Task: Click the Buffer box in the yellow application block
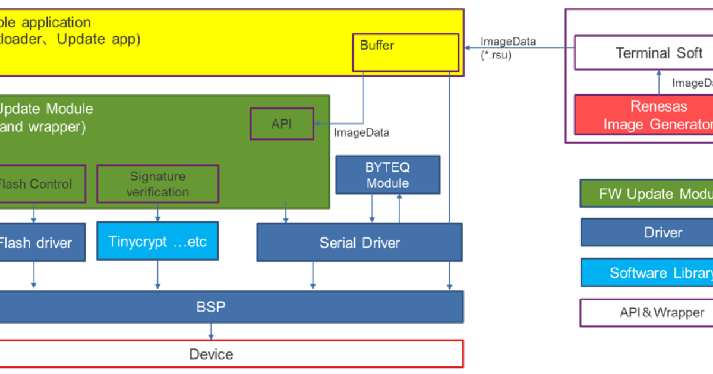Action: click(x=405, y=52)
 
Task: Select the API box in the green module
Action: click(x=282, y=123)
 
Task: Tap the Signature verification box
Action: click(x=157, y=184)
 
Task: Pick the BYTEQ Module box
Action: click(x=387, y=175)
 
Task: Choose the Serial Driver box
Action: click(x=359, y=242)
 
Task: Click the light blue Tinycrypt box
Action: click(x=157, y=242)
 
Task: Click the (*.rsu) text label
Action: click(x=496, y=56)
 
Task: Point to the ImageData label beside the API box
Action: click(x=362, y=132)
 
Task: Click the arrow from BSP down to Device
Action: click(x=211, y=332)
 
